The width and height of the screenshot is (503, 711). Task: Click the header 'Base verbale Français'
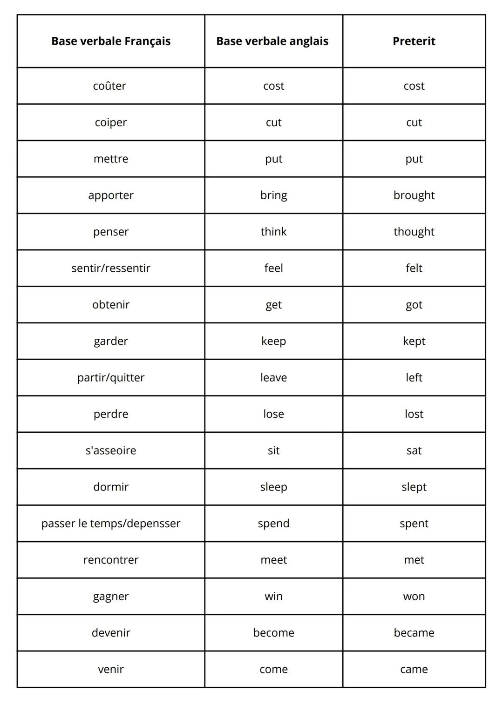click(x=111, y=41)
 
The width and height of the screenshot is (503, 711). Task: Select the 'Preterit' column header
click(x=414, y=41)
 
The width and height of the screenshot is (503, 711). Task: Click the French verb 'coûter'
click(x=109, y=86)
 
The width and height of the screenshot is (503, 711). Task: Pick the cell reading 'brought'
click(x=414, y=195)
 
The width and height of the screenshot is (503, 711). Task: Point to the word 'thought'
click(x=414, y=232)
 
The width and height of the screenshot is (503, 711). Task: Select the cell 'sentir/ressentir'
click(x=111, y=268)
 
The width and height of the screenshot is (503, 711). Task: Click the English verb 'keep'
click(x=273, y=341)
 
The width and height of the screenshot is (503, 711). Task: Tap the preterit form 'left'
click(x=414, y=377)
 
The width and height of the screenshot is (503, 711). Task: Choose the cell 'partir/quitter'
click(x=111, y=377)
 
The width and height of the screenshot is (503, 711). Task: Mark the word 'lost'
click(x=414, y=414)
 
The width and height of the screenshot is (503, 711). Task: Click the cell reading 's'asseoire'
click(x=111, y=450)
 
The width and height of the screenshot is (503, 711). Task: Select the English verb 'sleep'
click(x=273, y=487)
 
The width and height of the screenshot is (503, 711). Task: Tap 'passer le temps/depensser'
click(x=111, y=523)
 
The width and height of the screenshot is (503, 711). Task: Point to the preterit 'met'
click(x=414, y=560)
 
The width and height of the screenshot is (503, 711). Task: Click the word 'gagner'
click(x=111, y=597)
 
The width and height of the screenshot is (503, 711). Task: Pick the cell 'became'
click(x=414, y=633)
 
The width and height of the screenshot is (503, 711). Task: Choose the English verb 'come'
click(x=273, y=669)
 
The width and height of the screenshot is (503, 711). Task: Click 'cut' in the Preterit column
click(x=414, y=122)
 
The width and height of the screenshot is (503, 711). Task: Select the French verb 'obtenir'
click(x=111, y=305)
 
